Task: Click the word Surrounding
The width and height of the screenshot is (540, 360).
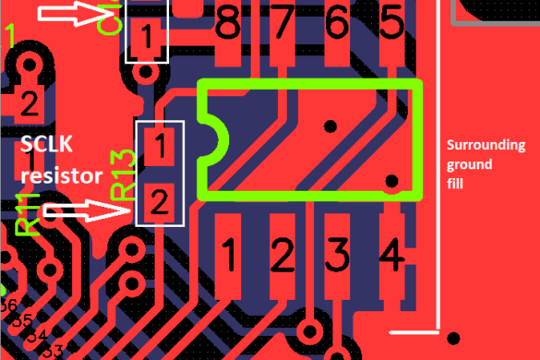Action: (486, 146)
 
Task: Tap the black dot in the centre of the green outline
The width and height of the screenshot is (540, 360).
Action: (330, 125)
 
